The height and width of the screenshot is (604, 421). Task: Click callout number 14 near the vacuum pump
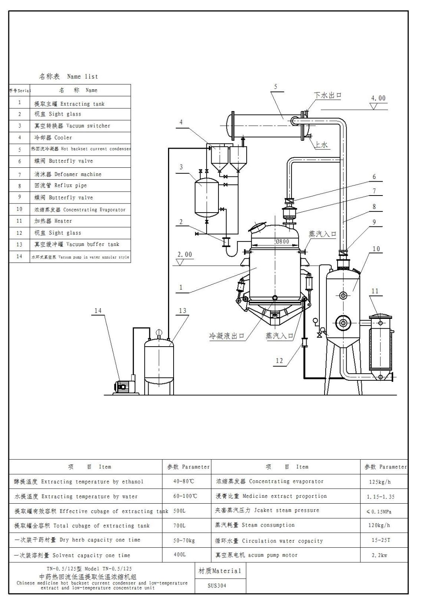click(x=98, y=311)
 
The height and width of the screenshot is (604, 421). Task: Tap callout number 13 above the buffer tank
click(x=182, y=311)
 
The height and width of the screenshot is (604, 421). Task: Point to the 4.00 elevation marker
click(x=378, y=98)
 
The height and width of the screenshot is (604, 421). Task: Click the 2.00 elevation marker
click(x=184, y=255)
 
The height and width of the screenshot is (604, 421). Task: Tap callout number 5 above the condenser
click(x=276, y=87)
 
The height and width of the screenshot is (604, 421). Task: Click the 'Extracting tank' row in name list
click(x=70, y=104)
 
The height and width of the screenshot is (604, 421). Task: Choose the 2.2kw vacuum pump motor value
click(x=379, y=555)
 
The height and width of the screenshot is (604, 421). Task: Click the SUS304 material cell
click(x=217, y=585)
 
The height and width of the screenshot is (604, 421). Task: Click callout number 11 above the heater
click(x=375, y=291)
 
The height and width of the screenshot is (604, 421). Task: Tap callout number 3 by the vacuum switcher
click(x=181, y=167)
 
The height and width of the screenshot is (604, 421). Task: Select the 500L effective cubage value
click(x=180, y=511)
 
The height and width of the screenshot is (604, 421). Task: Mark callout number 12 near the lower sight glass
click(x=279, y=360)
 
